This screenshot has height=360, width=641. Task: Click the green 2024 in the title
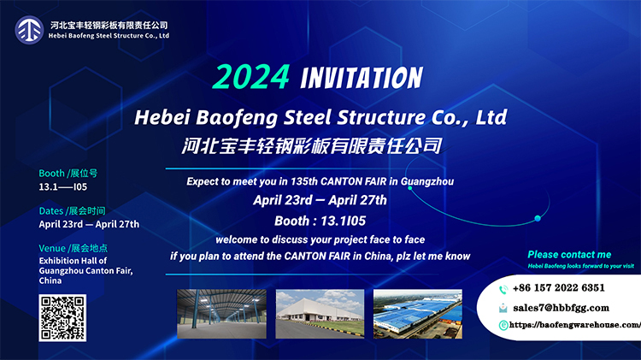[251, 77]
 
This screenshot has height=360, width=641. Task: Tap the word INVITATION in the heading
[362, 78]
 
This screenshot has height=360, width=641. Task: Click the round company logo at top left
[29, 30]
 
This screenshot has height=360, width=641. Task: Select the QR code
[62, 317]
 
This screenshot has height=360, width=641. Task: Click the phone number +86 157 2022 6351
[558, 288]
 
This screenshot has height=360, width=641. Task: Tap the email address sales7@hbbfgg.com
[561, 308]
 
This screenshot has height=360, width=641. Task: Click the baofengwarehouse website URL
[575, 325]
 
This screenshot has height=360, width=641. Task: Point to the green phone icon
[503, 290]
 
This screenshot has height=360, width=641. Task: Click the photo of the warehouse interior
[221, 314]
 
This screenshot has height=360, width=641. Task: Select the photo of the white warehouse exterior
[320, 314]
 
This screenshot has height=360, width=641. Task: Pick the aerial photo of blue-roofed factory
[418, 314]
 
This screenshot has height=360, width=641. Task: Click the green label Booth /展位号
[68, 173]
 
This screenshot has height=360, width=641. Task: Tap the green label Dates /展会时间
[72, 210]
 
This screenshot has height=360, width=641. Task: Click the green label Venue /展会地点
[74, 248]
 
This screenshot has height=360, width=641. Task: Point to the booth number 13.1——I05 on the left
[63, 187]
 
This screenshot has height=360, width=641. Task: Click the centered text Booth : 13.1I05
[320, 221]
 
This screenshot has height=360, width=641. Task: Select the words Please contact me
[569, 255]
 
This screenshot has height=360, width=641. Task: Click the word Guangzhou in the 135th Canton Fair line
[427, 181]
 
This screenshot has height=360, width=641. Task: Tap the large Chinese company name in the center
[312, 146]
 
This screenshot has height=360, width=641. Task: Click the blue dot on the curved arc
[538, 218]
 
